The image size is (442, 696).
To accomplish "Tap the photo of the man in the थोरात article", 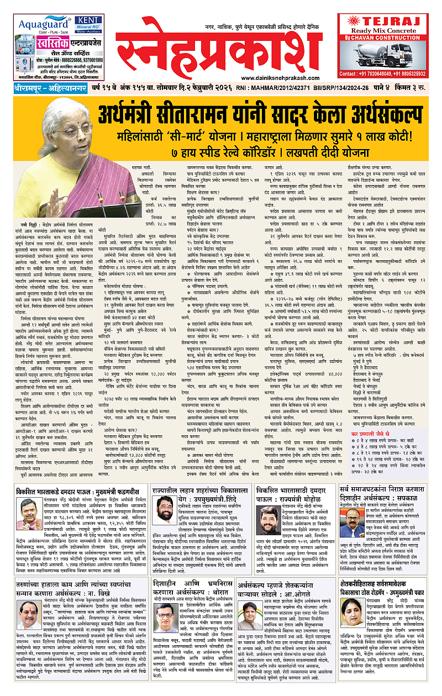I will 166,619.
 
